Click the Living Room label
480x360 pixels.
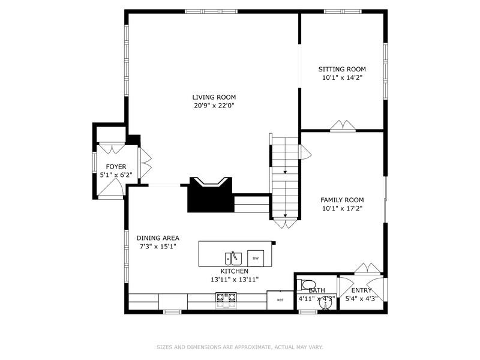click(x=214, y=97)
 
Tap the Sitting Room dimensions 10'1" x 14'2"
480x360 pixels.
click(x=342, y=77)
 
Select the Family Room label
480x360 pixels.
click(x=342, y=200)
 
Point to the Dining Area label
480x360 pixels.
click(x=158, y=238)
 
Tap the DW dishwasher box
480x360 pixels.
click(x=256, y=258)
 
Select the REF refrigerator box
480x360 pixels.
click(x=280, y=299)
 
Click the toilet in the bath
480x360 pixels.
click(x=308, y=284)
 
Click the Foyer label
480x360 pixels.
click(x=116, y=167)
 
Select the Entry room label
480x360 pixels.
click(x=362, y=290)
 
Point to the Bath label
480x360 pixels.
click(x=317, y=290)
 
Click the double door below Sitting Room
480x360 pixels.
click(x=344, y=126)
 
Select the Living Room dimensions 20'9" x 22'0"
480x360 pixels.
click(x=214, y=106)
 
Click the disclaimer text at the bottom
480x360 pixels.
click(x=240, y=347)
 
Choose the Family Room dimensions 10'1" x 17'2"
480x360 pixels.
click(x=342, y=209)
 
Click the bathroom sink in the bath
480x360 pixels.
click(x=325, y=306)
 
